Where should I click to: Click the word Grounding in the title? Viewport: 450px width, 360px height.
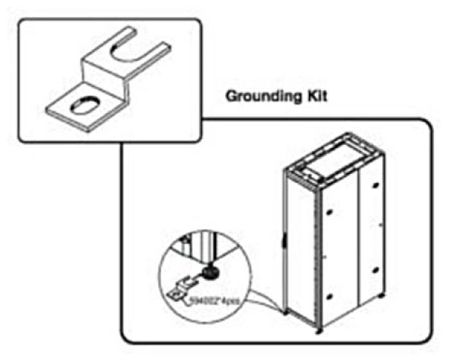tap(256, 97)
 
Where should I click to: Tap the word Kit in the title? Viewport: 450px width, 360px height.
tap(310, 97)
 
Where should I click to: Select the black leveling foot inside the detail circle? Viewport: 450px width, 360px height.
tap(210, 273)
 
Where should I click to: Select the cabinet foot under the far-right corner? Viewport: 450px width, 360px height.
tap(384, 298)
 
